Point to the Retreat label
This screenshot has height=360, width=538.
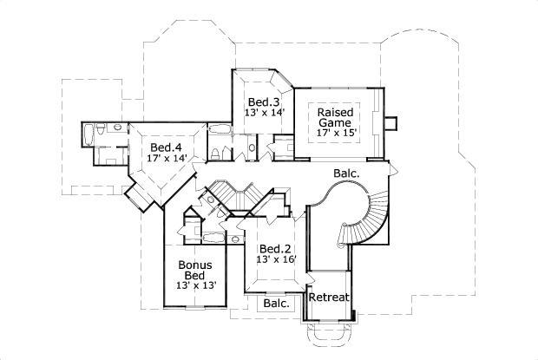[x=330, y=298]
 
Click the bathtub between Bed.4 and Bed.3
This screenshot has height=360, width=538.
[x=221, y=130]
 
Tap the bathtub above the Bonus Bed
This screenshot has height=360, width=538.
[x=211, y=237]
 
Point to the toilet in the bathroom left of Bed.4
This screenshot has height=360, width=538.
[x=100, y=156]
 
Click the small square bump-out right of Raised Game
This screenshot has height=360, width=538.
[x=390, y=122]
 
